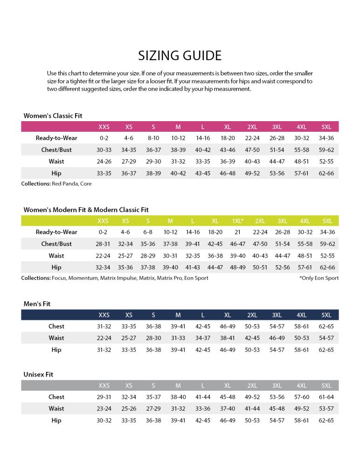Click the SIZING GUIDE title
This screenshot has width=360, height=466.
180,55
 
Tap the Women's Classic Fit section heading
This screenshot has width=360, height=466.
53,116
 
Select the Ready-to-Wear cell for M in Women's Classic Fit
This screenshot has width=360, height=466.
178,138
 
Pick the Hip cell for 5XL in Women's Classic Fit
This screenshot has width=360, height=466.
326,173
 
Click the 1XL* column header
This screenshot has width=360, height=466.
238,221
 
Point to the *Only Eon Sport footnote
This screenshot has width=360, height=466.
319,278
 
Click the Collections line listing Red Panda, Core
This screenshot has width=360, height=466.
56,184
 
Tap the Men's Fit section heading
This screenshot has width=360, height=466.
37,304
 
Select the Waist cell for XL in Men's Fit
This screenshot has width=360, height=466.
228,338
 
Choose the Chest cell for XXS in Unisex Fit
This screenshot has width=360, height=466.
104,397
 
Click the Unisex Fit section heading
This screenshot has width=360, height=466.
38,374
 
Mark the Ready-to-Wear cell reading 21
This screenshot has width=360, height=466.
238,233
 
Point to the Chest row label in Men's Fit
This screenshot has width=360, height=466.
56,327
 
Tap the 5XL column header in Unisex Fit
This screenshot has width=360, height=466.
326,386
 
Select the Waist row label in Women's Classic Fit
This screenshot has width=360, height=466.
56,162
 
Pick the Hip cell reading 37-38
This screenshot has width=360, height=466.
148,267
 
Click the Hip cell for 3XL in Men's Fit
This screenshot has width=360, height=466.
277,350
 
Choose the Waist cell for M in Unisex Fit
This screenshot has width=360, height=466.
178,409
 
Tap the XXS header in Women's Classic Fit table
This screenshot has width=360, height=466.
104,127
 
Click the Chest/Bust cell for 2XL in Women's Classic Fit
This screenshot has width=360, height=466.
252,150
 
